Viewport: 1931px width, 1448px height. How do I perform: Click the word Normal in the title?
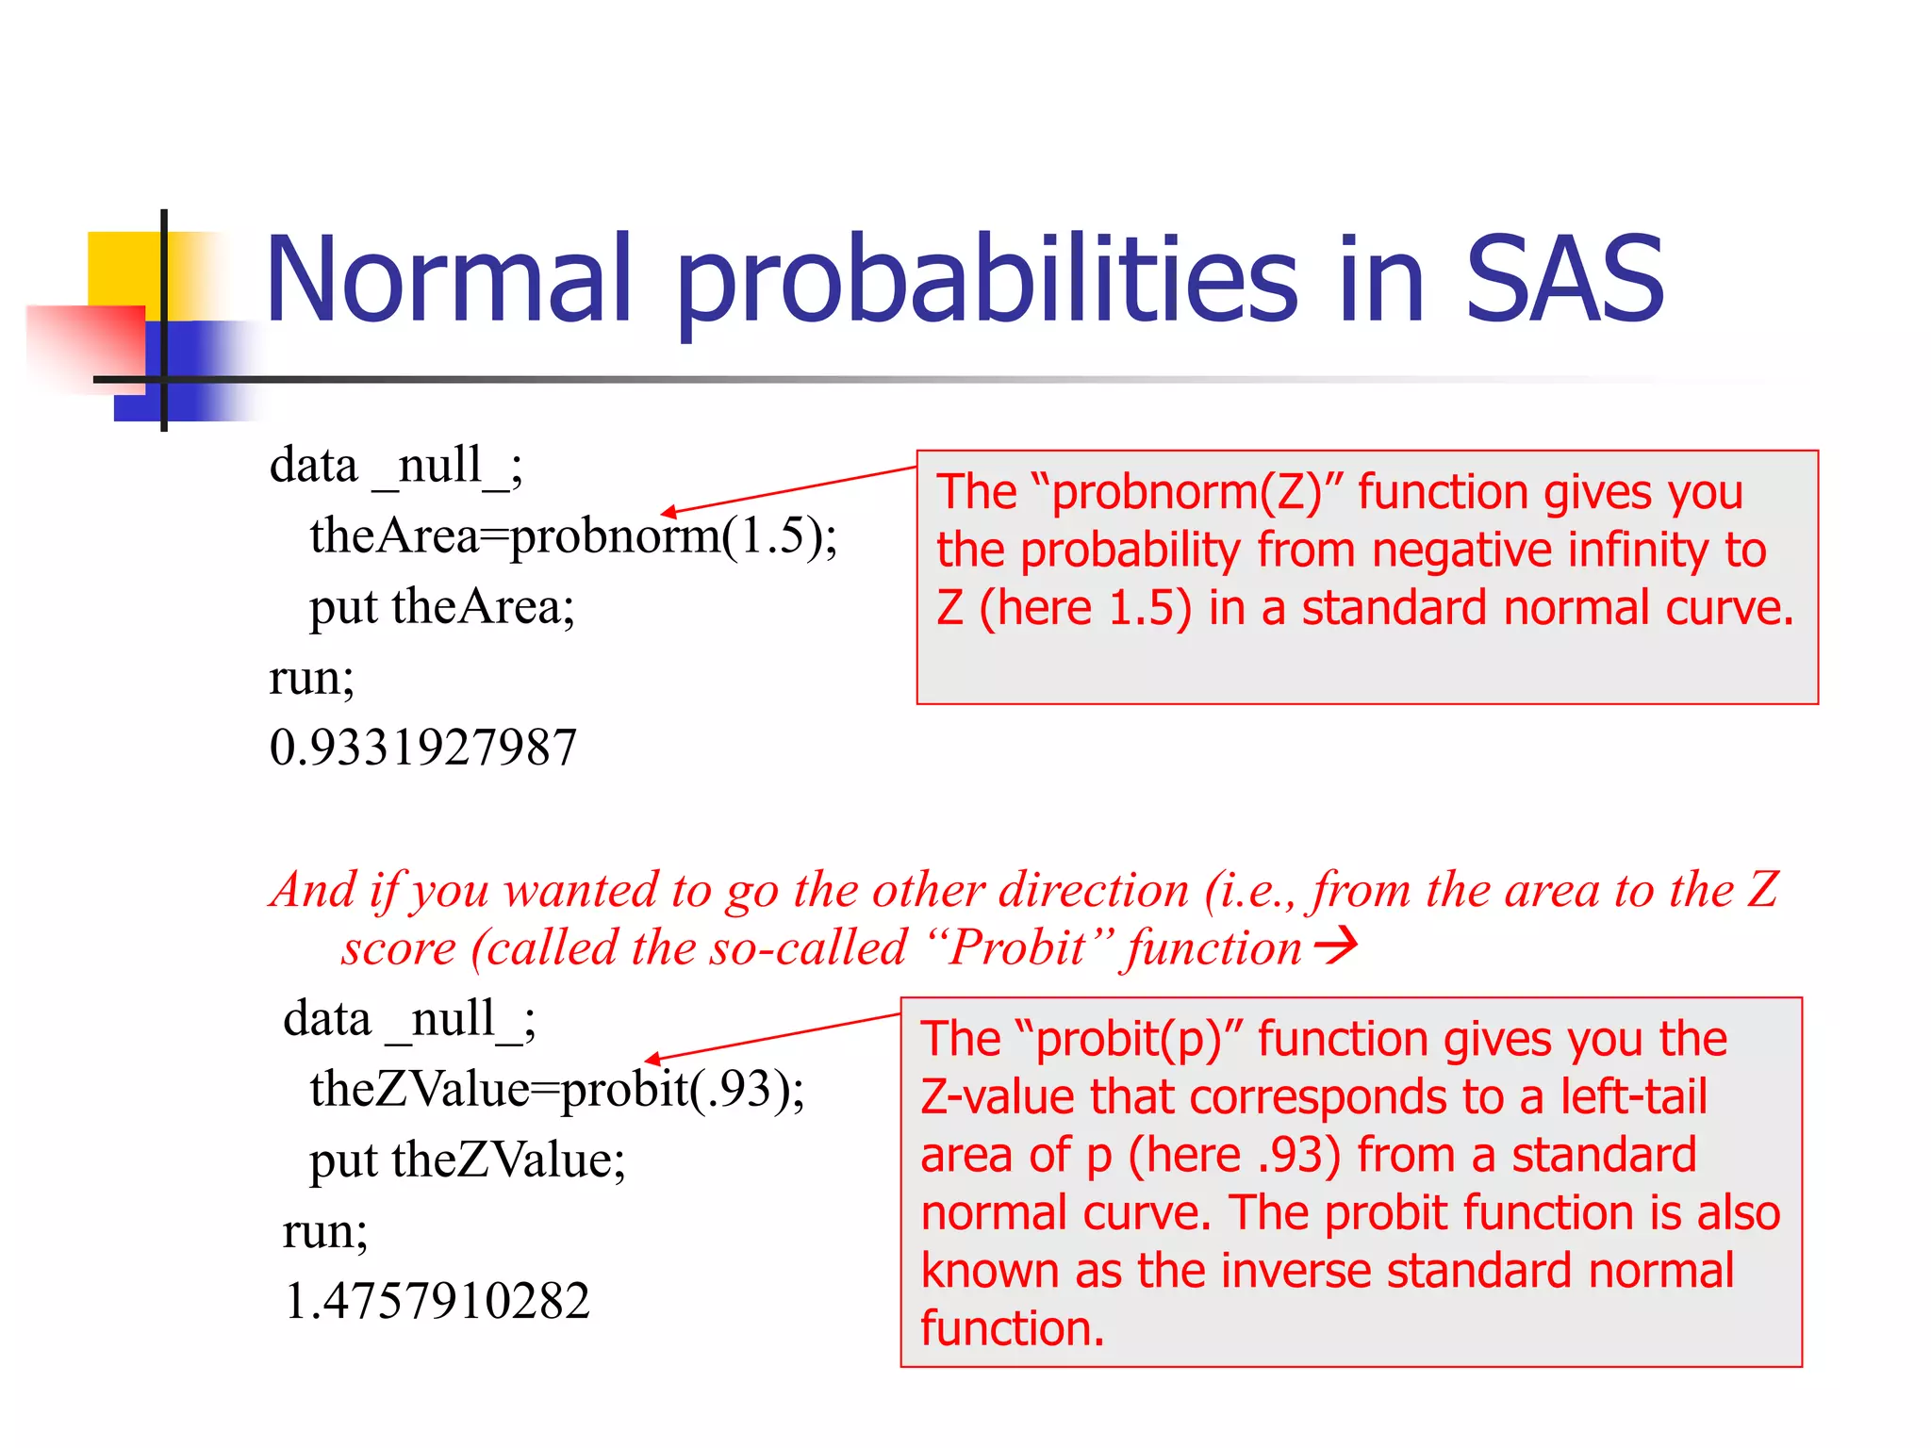click(449, 281)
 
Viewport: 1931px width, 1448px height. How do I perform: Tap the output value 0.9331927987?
click(422, 748)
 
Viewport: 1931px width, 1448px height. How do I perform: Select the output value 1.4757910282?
click(437, 1301)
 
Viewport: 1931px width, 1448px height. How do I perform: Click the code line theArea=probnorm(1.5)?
click(572, 536)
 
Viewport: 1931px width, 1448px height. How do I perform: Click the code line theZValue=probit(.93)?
click(556, 1090)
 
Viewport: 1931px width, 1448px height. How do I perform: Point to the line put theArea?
click(441, 607)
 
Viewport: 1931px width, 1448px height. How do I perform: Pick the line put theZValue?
click(467, 1160)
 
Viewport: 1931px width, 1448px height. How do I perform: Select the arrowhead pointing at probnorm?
click(668, 512)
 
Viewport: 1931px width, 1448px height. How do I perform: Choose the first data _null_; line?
click(396, 466)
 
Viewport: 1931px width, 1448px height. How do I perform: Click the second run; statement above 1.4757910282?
click(324, 1231)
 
